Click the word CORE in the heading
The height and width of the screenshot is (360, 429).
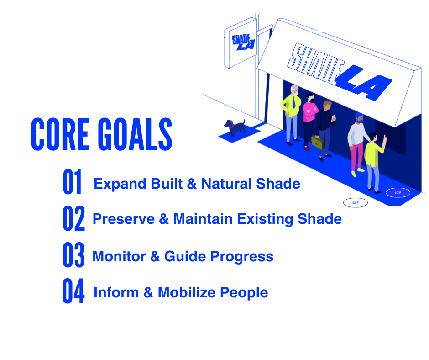60,134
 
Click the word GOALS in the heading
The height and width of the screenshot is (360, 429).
135,134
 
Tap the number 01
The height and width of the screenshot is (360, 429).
72,182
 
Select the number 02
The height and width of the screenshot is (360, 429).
73,218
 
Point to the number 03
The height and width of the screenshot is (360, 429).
73,254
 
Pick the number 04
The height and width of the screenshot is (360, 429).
73,291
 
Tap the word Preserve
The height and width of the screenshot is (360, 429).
124,219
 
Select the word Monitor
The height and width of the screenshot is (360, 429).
119,256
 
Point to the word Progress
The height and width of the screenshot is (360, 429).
242,257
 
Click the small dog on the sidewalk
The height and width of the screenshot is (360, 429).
235,128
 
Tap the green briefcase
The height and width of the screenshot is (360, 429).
317,142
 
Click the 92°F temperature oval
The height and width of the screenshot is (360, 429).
356,203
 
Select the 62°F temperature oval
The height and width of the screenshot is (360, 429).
398,193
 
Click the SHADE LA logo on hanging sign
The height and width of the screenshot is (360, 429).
243,42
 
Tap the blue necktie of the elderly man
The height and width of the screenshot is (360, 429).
293,102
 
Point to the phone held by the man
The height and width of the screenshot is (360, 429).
334,117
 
